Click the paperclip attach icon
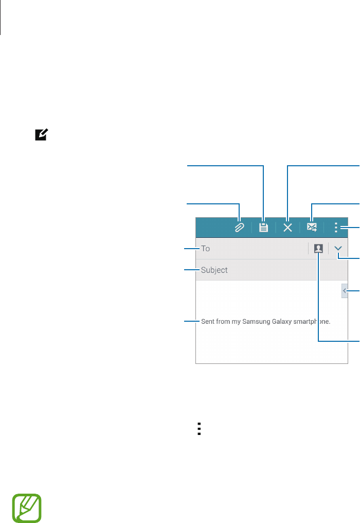pos(239,227)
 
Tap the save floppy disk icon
pos(263,227)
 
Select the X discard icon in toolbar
pos(288,227)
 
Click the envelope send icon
pos(312,227)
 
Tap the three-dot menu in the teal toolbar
pos(336,227)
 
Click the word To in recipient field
pos(205,249)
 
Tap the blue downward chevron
pos(338,249)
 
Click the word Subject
pos(214,270)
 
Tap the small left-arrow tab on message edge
pos(345,291)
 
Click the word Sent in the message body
pos(207,322)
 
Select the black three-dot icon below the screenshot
pos(199,429)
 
